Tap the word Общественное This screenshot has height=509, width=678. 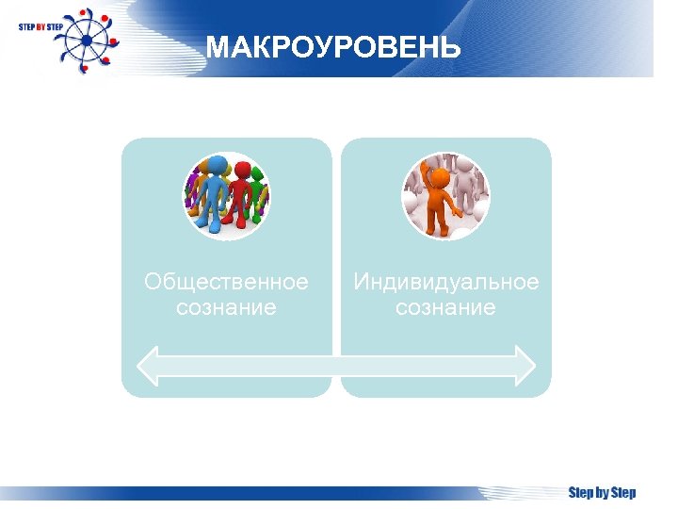point(226,282)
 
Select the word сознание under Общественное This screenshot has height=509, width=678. point(226,307)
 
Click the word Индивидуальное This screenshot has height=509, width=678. point(445,282)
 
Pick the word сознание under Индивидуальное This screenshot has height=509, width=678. point(445,307)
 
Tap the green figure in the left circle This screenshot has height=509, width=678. point(259,193)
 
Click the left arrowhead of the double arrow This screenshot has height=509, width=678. point(150,364)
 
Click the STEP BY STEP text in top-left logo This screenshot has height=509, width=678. point(40,27)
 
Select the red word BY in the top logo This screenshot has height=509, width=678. point(40,27)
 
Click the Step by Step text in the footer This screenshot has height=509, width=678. point(602,493)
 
